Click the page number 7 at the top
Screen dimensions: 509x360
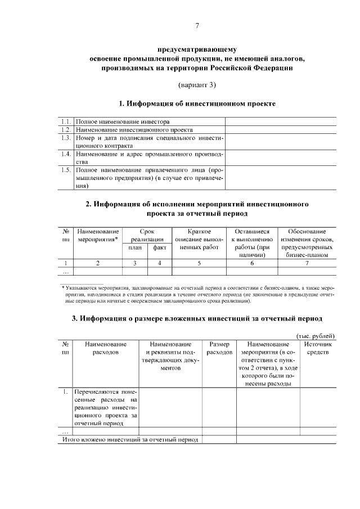click(197, 26)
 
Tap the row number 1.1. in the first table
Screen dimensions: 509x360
click(66, 121)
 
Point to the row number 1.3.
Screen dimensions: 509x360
click(66, 137)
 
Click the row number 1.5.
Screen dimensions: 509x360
click(66, 169)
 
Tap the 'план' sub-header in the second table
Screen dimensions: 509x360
click(135, 248)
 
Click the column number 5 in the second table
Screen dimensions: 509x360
click(199, 263)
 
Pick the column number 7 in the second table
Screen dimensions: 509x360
click(307, 263)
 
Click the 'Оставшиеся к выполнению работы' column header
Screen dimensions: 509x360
click(251, 243)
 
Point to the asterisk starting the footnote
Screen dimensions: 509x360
click(62, 287)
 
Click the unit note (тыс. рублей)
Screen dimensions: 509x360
click(316, 336)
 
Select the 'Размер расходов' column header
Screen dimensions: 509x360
click(219, 348)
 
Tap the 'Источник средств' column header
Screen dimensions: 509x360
click(318, 348)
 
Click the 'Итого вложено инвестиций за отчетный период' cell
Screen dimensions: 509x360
click(130, 439)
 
